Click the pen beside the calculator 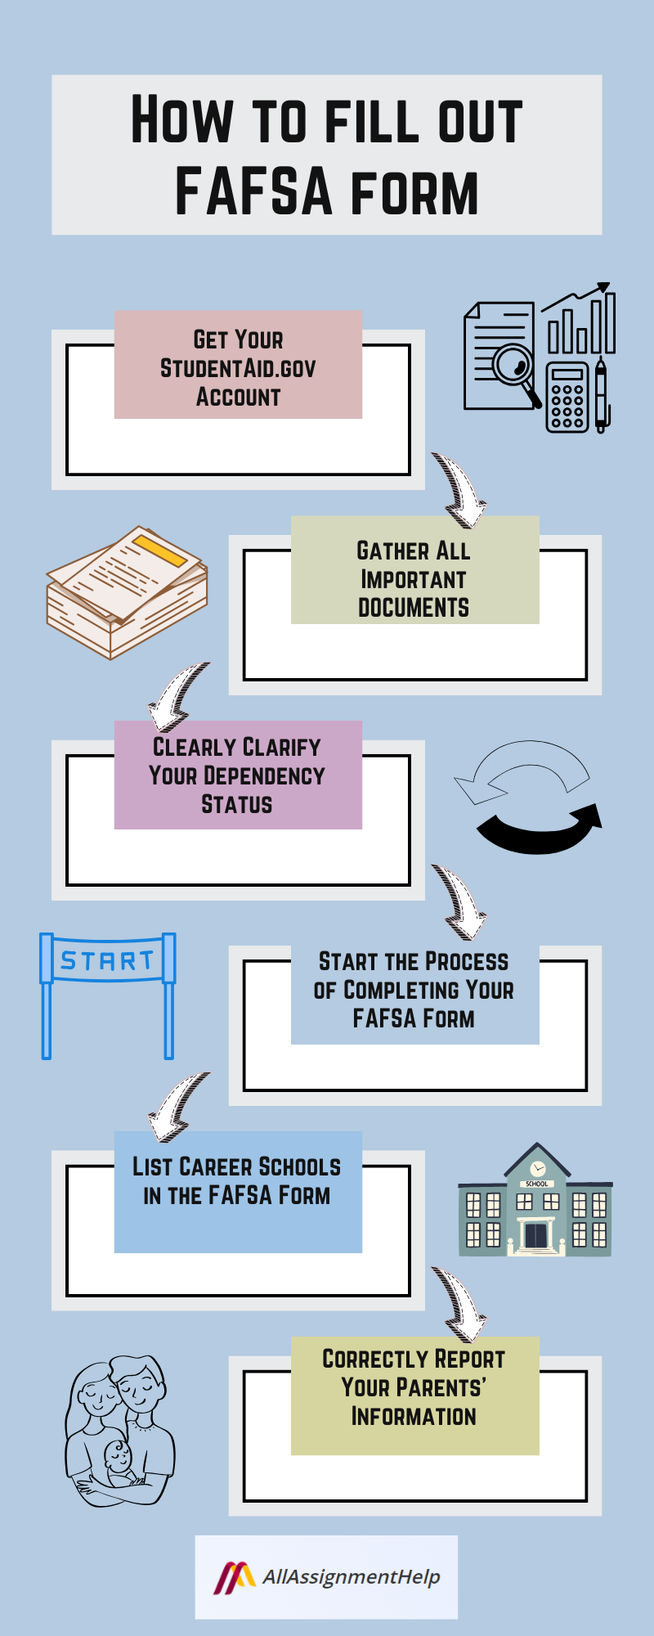[x=601, y=396]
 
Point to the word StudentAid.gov [x=238, y=368]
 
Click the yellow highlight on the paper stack [x=160, y=550]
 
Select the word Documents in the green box [x=414, y=608]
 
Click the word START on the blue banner [x=107, y=960]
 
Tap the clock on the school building [x=537, y=1167]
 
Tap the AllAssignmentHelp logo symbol [x=235, y=1578]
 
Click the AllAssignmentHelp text [x=351, y=1577]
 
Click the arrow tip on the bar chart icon [x=604, y=287]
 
